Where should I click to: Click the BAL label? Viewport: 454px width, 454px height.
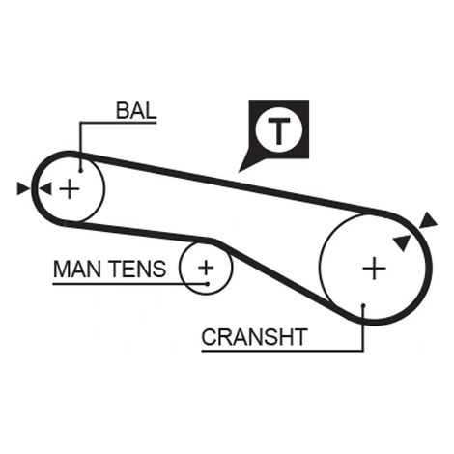[x=136, y=111]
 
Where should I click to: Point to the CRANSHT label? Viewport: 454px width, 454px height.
[x=254, y=337]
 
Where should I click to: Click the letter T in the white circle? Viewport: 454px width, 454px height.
[x=279, y=131]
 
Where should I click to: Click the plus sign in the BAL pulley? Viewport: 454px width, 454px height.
[x=70, y=188]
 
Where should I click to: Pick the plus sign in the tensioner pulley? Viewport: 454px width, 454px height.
[x=206, y=268]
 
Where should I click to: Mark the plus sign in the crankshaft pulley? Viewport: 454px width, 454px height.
[x=374, y=268]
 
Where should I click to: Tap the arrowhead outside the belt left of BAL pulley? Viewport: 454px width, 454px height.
[x=22, y=188]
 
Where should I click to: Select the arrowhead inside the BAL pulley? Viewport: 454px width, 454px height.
[x=45, y=188]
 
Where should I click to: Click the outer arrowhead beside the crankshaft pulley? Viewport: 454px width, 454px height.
[x=427, y=221]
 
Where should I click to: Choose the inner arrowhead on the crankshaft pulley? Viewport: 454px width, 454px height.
[x=402, y=242]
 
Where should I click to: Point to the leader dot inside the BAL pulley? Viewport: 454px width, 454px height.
[x=80, y=171]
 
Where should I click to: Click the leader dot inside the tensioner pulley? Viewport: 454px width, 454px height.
[x=208, y=284]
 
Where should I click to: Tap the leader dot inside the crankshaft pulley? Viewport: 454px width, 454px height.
[x=363, y=305]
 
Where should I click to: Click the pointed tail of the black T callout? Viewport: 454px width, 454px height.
[x=239, y=171]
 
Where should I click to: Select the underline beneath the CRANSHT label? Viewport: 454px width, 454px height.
[x=282, y=351]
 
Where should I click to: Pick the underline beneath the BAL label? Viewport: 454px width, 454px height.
[x=118, y=123]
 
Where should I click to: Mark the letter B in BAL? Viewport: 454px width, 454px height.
[x=123, y=111]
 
